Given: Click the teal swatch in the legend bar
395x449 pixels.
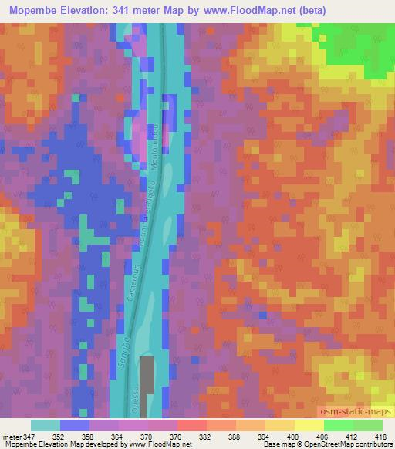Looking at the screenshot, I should pos(45,426).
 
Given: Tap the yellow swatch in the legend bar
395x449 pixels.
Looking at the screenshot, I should pos(309,426).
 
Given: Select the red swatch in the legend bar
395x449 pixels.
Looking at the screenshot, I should pos(193,426).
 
